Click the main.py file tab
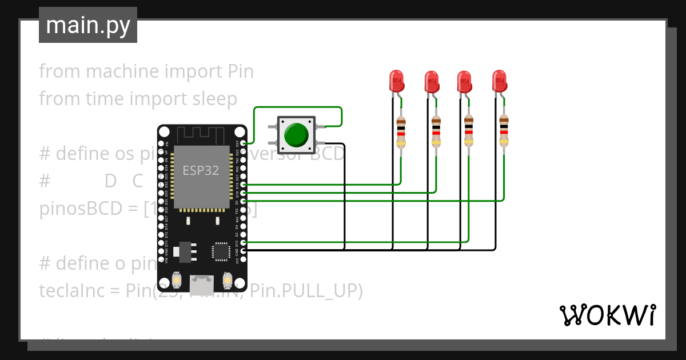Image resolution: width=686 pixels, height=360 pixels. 87,25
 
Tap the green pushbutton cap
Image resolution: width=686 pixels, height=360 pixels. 296,135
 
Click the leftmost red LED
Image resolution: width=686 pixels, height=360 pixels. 396,81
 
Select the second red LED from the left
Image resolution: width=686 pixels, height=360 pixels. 431,81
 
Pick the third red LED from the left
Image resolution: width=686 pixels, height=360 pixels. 464,81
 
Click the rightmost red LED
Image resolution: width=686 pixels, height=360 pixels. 499,81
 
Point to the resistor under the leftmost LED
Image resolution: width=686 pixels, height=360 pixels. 401,132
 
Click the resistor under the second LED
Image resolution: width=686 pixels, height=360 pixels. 436,132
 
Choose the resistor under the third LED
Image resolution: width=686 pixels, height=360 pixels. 469,132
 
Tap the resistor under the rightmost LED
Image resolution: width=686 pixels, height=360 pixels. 504,132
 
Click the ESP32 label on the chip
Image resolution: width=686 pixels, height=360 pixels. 201,170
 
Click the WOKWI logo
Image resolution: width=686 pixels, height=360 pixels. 607,315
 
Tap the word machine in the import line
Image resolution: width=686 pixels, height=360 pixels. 122,71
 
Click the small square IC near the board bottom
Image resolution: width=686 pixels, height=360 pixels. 221,251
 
